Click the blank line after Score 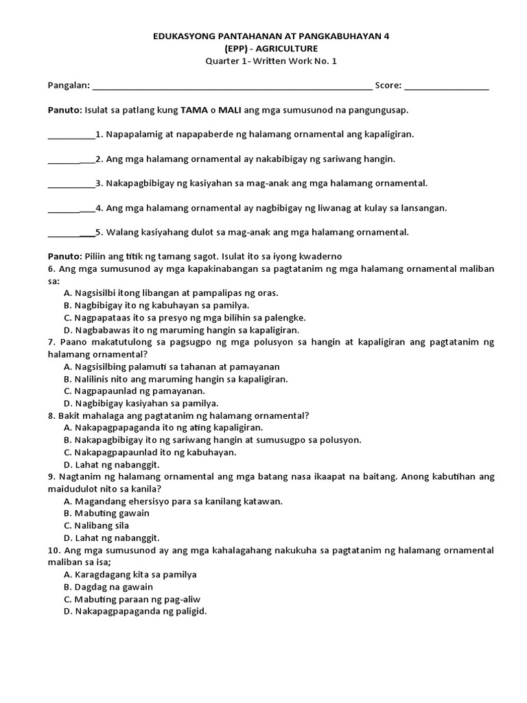tap(447, 87)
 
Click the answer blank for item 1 tap(71, 135)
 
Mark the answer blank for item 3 tap(71, 184)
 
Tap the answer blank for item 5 tap(71, 233)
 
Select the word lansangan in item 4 tap(425, 207)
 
